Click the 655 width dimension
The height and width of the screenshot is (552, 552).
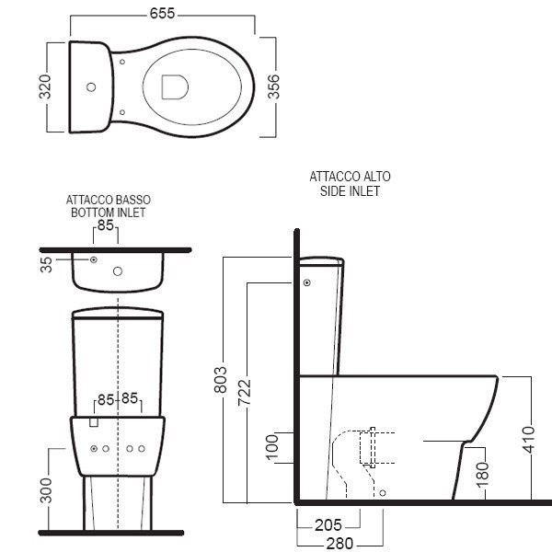tap(162, 14)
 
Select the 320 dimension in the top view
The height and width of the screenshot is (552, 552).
tap(45, 86)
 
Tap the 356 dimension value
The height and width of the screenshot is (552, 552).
tap(273, 86)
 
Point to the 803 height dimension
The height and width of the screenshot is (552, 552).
tap(221, 379)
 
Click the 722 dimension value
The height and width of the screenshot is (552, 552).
tap(245, 393)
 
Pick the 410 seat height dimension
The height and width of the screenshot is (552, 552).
tap(529, 440)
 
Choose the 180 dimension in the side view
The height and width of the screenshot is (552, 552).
tap(483, 476)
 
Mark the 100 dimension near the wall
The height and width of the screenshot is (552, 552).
tap(272, 447)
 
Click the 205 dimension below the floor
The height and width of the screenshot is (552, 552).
tap(328, 525)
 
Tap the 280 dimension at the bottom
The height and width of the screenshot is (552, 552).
tap(339, 544)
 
